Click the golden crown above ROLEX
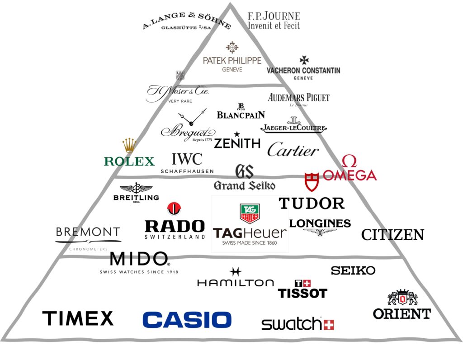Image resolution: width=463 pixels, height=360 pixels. (129, 146)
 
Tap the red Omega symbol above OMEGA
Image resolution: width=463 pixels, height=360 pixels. (349, 161)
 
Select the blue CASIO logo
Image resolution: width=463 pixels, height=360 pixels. (187, 319)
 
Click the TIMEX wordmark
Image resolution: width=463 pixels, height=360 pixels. (78, 318)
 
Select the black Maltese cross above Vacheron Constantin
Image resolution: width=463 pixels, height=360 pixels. (304, 60)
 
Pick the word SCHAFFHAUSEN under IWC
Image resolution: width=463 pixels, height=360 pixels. (187, 171)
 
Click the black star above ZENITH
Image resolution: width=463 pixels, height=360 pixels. (236, 134)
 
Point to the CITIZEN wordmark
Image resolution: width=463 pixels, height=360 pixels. (392, 235)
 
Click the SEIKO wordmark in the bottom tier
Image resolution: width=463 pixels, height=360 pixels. (353, 270)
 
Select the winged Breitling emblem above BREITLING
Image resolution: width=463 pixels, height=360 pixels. (136, 188)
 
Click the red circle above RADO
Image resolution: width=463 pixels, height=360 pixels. (174, 208)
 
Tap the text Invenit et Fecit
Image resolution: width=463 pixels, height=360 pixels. (273, 26)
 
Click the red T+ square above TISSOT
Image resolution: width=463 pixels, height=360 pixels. (302, 284)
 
